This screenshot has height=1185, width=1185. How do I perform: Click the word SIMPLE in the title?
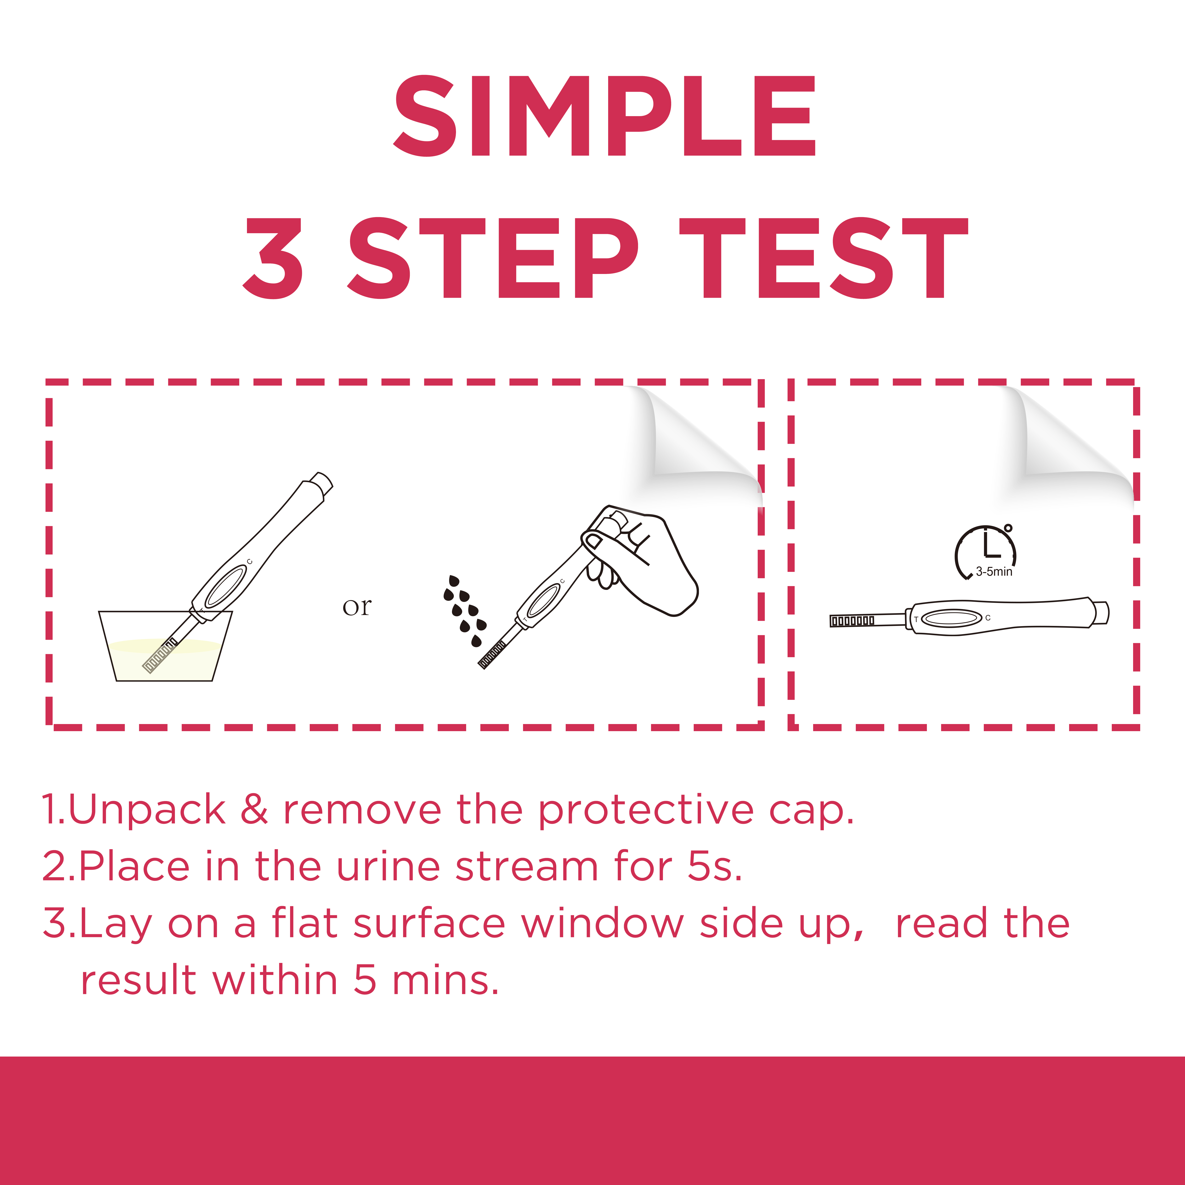604,117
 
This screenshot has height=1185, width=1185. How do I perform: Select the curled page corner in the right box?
1067,442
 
